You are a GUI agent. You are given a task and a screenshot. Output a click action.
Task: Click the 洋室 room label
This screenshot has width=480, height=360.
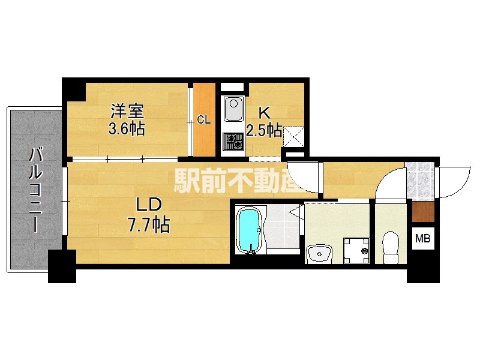click(x=128, y=111)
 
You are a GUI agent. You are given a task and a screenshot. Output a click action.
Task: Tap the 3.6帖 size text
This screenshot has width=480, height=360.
click(x=127, y=128)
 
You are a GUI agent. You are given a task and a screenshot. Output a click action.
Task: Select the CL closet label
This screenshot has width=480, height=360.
click(x=204, y=120)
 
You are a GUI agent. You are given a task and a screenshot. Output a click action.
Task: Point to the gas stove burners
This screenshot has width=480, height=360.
click(x=233, y=142)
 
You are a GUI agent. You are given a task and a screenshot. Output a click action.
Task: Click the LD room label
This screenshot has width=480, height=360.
click(x=146, y=205)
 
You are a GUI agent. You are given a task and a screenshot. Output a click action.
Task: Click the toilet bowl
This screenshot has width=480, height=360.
click(x=391, y=248)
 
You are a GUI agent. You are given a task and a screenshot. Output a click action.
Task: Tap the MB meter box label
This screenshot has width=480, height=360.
click(x=423, y=238)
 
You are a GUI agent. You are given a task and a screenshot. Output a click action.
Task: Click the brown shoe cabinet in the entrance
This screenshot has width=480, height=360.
click(x=422, y=212)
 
